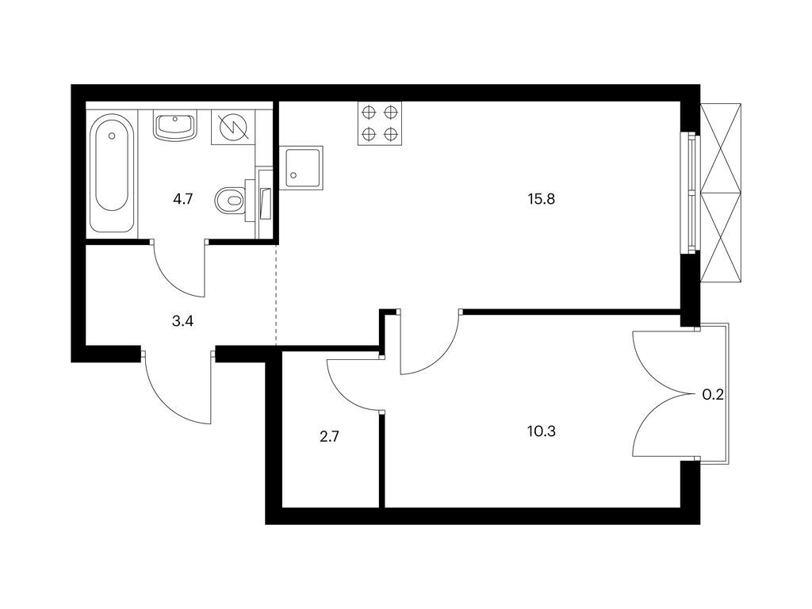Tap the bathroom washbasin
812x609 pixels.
(174, 125)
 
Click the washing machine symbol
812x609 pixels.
(232, 126)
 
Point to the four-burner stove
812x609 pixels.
(378, 124)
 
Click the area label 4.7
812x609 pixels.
(183, 199)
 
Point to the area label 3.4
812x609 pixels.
(182, 321)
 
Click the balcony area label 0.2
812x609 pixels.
(713, 394)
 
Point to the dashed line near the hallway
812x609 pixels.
(276, 293)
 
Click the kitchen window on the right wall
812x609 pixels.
(692, 193)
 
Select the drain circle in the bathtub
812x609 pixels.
(112, 136)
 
